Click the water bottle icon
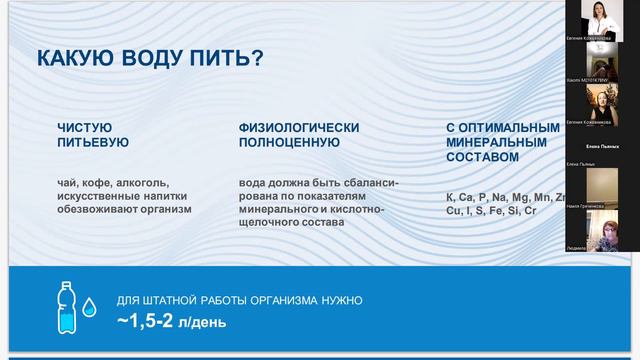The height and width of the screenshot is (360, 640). point(62,306)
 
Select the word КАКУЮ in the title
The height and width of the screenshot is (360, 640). point(74,58)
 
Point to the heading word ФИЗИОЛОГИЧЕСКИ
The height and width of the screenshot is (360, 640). point(292,128)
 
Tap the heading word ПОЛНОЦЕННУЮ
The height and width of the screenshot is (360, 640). point(289,143)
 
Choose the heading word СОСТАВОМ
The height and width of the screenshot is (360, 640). point(482,157)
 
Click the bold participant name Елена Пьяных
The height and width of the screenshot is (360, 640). point(601,146)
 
